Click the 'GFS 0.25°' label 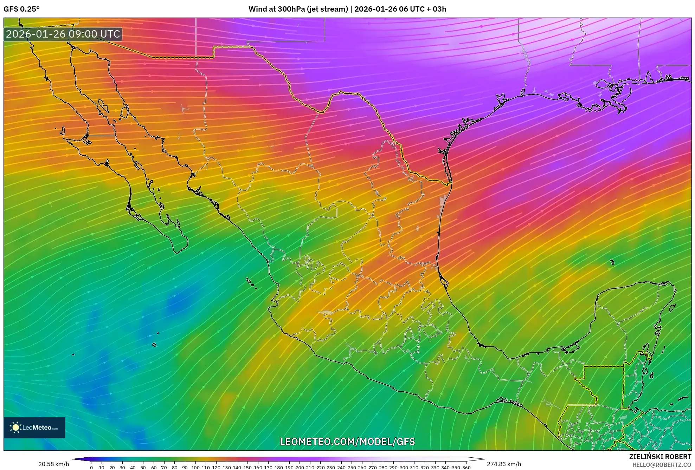[21, 9]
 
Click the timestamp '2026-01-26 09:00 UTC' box [63, 34]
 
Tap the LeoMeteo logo [34, 427]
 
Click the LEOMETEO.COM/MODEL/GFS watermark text [347, 442]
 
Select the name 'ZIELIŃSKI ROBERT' [660, 457]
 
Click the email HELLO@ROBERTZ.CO [662, 465]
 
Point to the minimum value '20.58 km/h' [53, 464]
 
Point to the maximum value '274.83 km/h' [504, 464]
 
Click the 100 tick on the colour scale [195, 467]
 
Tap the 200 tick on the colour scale [300, 467]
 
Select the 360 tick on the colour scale [466, 467]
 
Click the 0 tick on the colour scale [91, 467]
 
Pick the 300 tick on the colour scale [404, 467]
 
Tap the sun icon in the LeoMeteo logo [15, 427]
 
